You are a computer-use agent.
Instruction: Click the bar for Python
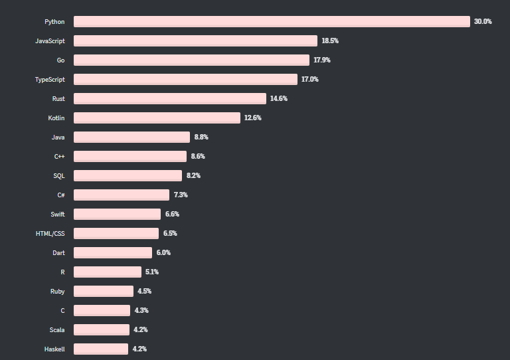(272, 22)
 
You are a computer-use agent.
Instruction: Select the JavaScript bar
(195, 41)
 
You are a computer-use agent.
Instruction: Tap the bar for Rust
(170, 99)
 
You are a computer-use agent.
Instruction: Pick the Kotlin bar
(157, 118)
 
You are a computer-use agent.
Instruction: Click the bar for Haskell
(101, 349)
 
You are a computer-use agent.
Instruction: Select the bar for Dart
(113, 253)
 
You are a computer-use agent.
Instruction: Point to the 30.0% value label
(483, 22)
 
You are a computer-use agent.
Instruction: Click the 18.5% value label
(330, 41)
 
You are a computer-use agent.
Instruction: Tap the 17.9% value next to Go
(322, 60)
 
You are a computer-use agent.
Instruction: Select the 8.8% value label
(201, 137)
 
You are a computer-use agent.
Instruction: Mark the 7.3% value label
(181, 195)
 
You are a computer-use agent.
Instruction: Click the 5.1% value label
(152, 272)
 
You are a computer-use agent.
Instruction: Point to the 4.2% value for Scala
(140, 330)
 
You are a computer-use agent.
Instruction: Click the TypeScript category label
(50, 80)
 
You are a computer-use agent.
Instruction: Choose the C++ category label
(59, 157)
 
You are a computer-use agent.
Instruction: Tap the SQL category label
(59, 176)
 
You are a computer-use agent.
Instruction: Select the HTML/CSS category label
(50, 234)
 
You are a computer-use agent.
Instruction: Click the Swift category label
(58, 215)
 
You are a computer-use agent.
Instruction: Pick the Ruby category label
(58, 292)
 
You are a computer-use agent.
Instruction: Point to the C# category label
(60, 195)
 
